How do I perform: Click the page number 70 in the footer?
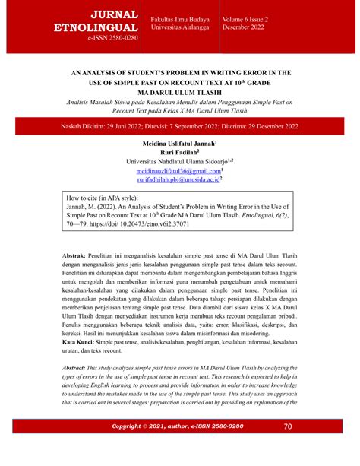[x=288, y=448]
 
